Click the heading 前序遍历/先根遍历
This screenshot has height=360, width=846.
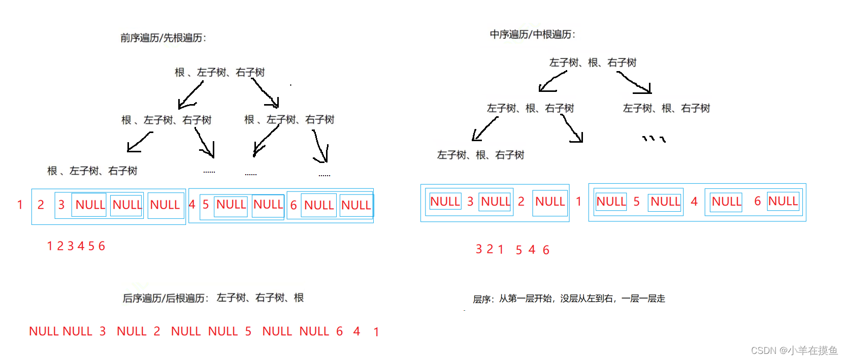[x=162, y=38]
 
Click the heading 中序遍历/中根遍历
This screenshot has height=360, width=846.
[x=532, y=35]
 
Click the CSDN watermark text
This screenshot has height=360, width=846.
[x=794, y=350]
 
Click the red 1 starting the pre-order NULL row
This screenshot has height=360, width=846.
[x=20, y=205]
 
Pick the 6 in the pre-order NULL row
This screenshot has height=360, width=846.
[x=294, y=205]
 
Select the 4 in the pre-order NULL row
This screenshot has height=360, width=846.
[x=192, y=205]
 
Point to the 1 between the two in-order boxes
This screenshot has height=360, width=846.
[x=578, y=202]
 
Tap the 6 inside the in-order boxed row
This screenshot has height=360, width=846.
[x=757, y=202]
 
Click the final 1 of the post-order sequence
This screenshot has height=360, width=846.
[x=376, y=332]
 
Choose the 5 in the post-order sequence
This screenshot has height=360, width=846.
[x=248, y=332]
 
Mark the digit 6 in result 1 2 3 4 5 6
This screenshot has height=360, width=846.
[x=102, y=246]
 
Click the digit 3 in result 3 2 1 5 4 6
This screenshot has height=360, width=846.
[x=478, y=249]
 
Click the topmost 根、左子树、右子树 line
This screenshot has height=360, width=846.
[x=219, y=73]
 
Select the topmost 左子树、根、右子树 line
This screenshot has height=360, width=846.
[x=593, y=63]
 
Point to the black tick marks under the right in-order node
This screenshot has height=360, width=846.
[x=654, y=138]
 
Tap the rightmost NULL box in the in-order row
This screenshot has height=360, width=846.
[x=783, y=202]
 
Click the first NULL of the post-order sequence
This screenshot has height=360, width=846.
[x=43, y=332]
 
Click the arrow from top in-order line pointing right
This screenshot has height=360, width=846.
[x=635, y=82]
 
